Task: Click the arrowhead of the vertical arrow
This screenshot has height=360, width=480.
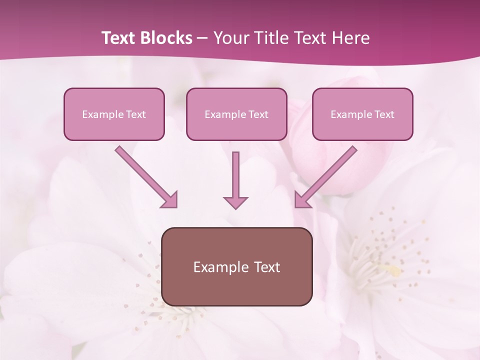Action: pos(235,202)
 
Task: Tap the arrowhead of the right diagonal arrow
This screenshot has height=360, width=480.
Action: pos(302,199)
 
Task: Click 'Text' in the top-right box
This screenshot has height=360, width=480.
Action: pos(384,114)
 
